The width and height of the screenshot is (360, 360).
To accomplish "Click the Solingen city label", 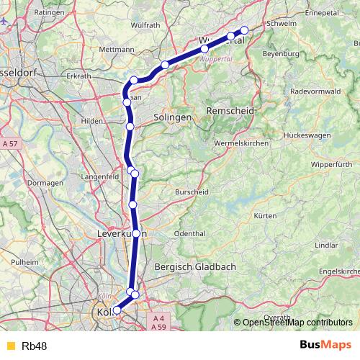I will click(171, 117).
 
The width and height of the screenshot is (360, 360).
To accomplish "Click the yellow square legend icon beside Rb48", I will click(10, 346).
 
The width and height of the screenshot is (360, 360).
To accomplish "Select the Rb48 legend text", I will click(35, 346).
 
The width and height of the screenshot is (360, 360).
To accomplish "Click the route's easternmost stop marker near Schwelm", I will click(244, 30).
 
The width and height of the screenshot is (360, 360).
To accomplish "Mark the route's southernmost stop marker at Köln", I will click(117, 310).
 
